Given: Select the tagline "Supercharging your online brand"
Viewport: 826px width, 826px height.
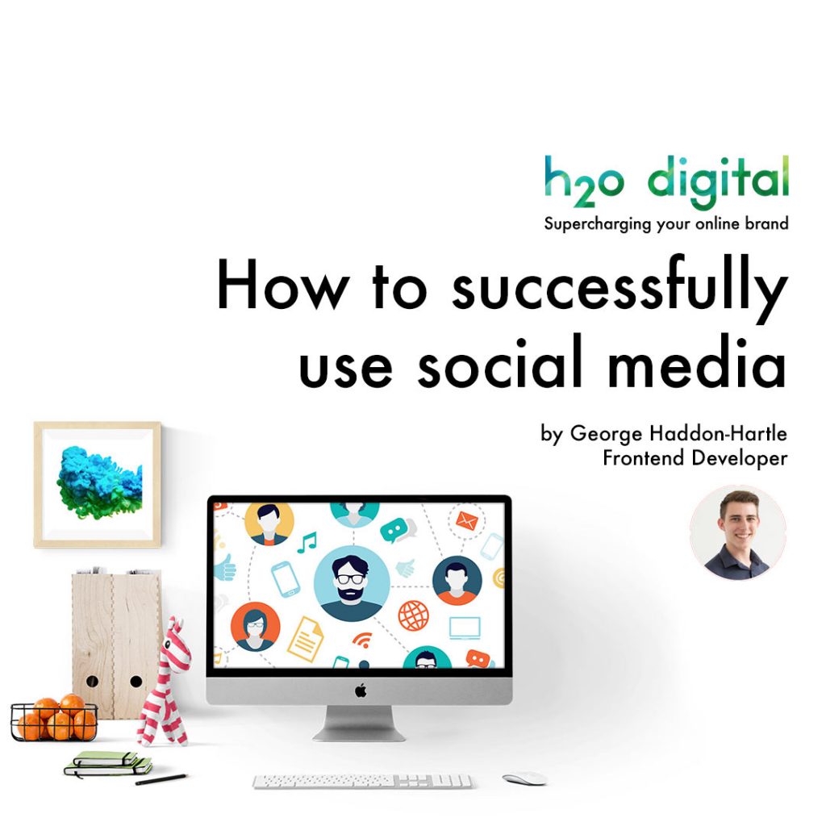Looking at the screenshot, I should (x=665, y=223).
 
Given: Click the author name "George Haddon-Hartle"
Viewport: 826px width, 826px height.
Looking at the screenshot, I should (x=678, y=434).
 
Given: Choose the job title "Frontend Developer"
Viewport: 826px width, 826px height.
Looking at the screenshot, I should (x=695, y=458).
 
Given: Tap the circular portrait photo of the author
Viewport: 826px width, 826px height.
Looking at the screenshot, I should (x=737, y=533).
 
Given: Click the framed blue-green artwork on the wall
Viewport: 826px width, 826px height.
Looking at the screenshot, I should (x=98, y=483).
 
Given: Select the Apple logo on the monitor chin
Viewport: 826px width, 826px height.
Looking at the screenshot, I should (x=360, y=690).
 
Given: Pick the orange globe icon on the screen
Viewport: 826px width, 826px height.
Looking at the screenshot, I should (x=413, y=615).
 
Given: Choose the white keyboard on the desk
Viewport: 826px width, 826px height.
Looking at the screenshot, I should (x=362, y=781).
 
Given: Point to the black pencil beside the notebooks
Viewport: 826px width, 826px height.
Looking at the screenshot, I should (x=161, y=779).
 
